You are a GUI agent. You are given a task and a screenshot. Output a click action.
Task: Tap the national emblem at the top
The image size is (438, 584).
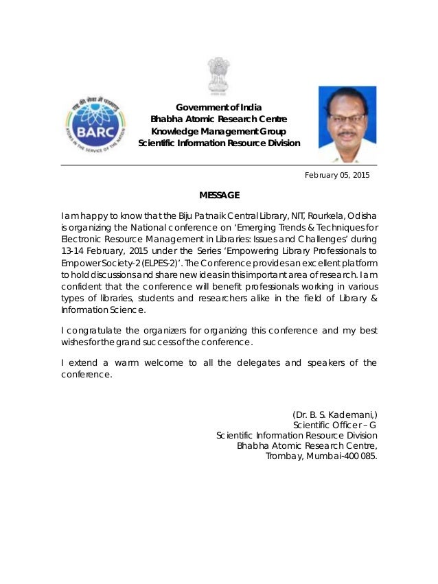[x=219, y=76]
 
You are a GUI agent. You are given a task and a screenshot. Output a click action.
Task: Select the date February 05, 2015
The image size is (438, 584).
[x=336, y=175]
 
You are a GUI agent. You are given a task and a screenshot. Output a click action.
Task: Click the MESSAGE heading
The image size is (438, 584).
[x=219, y=196]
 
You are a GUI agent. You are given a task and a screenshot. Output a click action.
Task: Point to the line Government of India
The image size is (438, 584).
[x=219, y=107]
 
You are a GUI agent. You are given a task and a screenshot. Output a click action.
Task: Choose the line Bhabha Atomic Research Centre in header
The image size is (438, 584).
[x=219, y=119]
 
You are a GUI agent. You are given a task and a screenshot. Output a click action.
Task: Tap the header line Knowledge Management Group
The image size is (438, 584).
[x=219, y=131]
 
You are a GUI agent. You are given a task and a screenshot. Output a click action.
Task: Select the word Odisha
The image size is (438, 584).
[x=361, y=218]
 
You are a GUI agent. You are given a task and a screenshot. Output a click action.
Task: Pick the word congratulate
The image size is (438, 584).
[x=95, y=331]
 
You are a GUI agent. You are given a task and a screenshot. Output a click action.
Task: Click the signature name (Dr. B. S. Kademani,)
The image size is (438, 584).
[x=334, y=414]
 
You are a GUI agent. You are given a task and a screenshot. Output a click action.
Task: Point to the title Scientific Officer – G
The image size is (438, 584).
[x=334, y=425]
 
